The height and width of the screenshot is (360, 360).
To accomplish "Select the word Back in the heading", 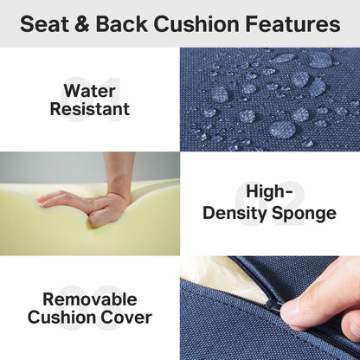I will [125, 24].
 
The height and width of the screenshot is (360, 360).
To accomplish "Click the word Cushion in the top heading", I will [198, 24].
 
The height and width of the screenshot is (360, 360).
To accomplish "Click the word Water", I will [90, 90].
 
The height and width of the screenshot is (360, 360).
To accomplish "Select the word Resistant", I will [90, 110].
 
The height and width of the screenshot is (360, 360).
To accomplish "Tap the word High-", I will [269, 192].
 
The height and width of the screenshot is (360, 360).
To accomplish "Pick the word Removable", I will [90, 299].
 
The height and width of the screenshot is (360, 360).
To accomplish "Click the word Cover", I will [126, 318].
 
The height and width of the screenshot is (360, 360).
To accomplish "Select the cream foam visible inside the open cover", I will [208, 272].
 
